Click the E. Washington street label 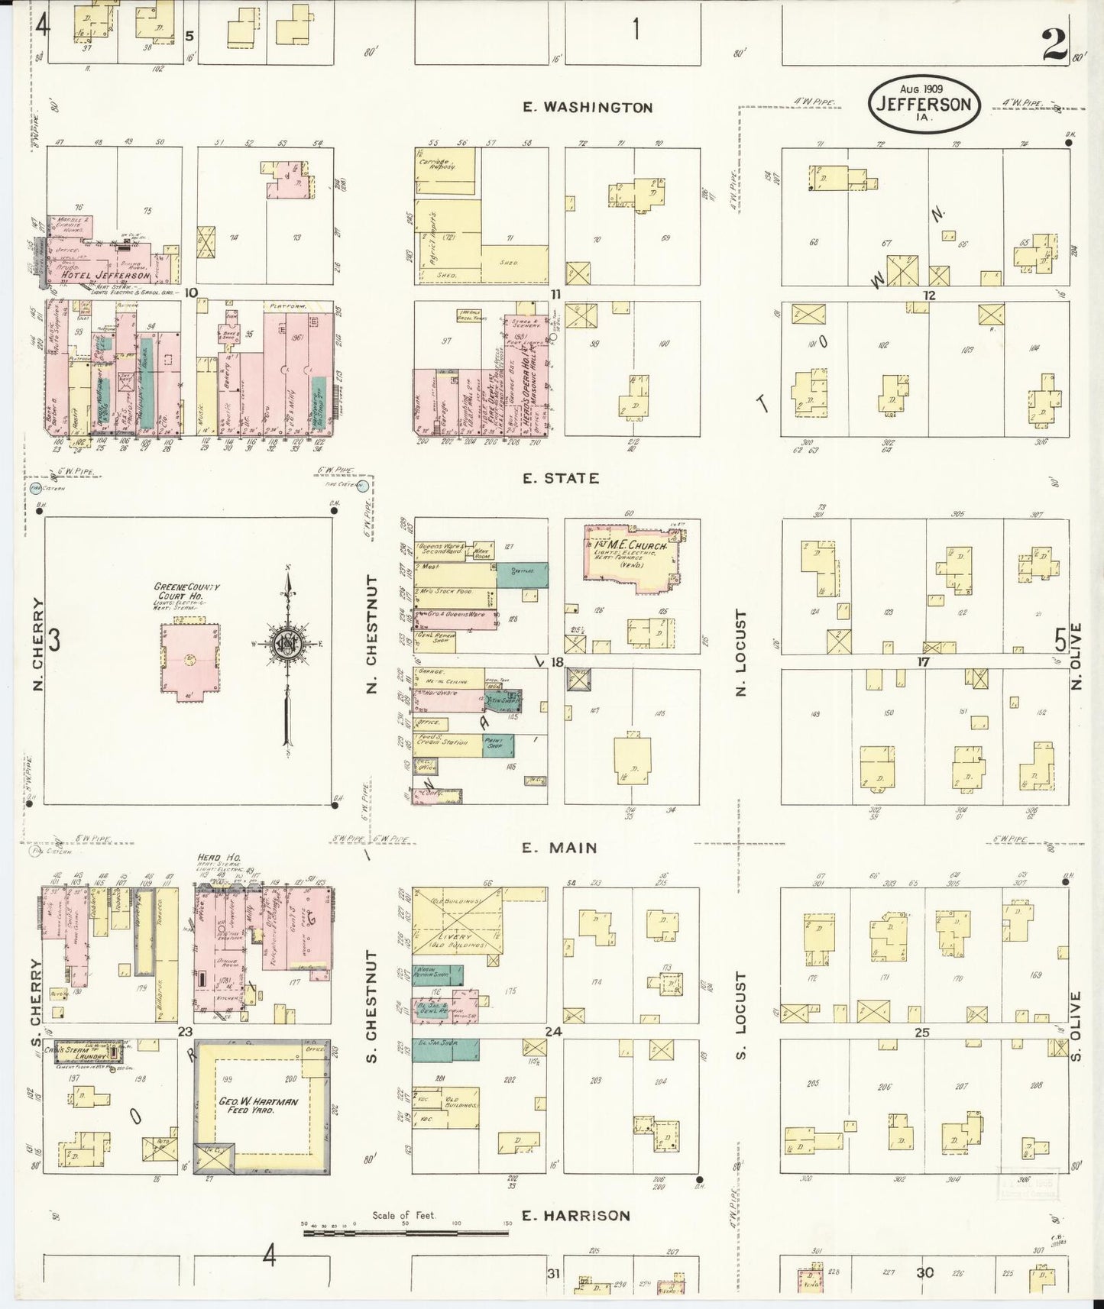(588, 108)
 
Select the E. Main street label (560, 848)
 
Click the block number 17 (923, 661)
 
